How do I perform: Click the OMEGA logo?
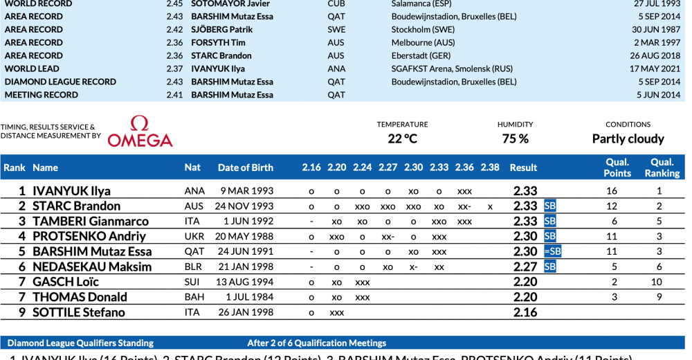140,132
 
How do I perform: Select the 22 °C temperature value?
402,138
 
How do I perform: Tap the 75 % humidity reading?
515,138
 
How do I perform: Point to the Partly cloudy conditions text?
628,138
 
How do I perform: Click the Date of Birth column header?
245,168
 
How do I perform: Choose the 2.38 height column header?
489,168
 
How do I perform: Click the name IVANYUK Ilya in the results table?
71,191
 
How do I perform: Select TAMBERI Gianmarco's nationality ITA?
194,222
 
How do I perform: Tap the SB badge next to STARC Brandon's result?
550,206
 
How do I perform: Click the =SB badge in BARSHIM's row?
552,252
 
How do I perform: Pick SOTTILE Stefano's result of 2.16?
525,312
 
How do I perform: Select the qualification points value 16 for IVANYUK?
611,191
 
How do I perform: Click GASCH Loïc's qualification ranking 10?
659,282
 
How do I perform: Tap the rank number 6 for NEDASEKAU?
22,267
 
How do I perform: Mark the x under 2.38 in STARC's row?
489,206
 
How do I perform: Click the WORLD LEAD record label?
32,69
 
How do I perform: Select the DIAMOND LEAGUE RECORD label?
60,82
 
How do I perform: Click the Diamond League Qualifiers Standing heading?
80,343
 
